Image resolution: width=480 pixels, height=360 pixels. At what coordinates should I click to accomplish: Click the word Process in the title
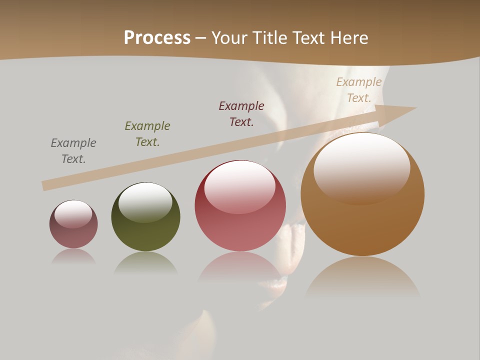157,38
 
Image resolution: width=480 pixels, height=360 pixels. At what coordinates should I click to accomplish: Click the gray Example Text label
73,151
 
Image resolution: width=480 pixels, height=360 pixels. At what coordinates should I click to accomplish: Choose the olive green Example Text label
147,134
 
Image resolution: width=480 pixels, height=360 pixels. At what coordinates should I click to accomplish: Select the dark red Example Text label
241,113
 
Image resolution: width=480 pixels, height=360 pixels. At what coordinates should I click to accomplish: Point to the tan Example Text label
359,90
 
